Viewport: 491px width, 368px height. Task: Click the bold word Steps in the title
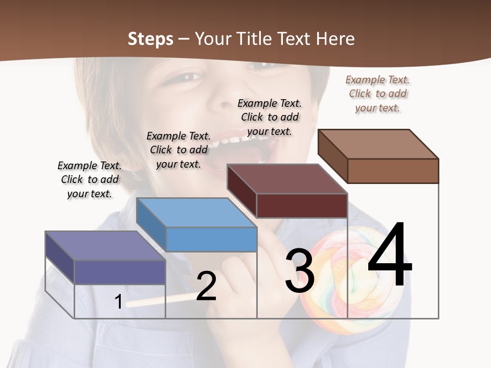pyautogui.click(x=150, y=39)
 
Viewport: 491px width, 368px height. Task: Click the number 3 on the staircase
pyautogui.click(x=299, y=271)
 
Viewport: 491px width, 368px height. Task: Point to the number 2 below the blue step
pyautogui.click(x=206, y=286)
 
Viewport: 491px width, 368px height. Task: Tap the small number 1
pyautogui.click(x=118, y=302)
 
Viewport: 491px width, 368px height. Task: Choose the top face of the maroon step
pyautogui.click(x=286, y=179)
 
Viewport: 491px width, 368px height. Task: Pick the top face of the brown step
pyautogui.click(x=378, y=144)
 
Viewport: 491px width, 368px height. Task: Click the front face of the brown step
pyautogui.click(x=393, y=171)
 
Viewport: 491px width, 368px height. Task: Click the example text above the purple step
pyautogui.click(x=90, y=179)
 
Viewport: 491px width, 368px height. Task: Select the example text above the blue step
pyautogui.click(x=178, y=150)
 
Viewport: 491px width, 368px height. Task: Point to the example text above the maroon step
pyautogui.click(x=270, y=117)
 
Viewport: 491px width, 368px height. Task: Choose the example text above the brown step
pyautogui.click(x=377, y=94)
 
